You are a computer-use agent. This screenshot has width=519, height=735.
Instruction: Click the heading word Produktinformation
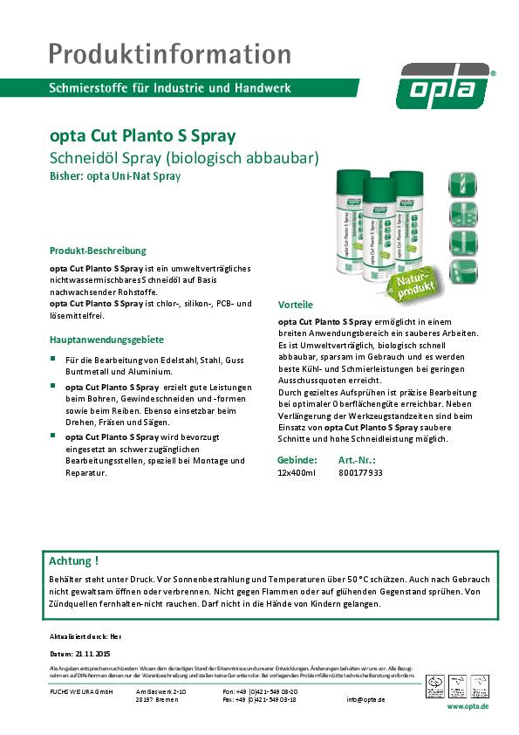pyautogui.click(x=169, y=53)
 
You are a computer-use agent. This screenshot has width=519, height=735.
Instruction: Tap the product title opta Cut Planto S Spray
pyautogui.click(x=142, y=138)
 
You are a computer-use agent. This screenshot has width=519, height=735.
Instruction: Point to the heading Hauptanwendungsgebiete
pyautogui.click(x=106, y=340)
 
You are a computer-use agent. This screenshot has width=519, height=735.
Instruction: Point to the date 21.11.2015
pyautogui.click(x=92, y=653)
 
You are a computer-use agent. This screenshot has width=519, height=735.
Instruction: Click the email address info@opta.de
pyautogui.click(x=365, y=699)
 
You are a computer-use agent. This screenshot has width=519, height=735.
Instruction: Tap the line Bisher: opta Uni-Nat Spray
pyautogui.click(x=115, y=175)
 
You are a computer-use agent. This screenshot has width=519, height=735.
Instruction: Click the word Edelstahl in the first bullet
pyautogui.click(x=168, y=359)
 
